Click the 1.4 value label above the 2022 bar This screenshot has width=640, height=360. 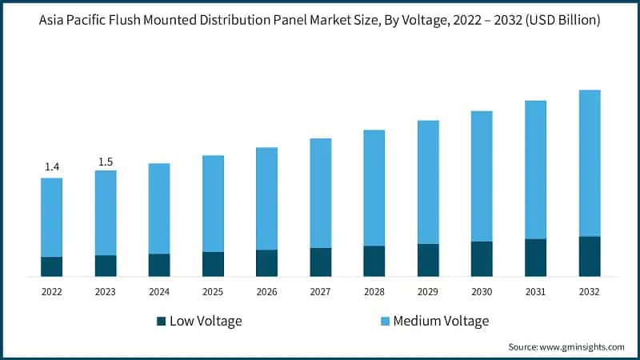(x=52, y=166)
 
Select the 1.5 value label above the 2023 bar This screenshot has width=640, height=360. (x=106, y=162)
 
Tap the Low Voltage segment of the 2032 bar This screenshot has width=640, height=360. (x=589, y=256)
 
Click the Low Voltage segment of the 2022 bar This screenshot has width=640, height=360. (x=52, y=266)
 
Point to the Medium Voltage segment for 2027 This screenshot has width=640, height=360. (x=321, y=193)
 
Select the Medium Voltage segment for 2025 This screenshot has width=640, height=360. (x=213, y=203)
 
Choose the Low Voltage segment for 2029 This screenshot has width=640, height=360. (x=428, y=260)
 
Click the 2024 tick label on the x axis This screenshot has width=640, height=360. (x=159, y=292)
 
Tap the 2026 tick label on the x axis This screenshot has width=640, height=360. (x=266, y=292)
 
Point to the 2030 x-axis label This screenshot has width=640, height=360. (x=482, y=292)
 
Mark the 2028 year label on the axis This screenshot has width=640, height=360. (x=374, y=292)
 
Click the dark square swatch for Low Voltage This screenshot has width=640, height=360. (x=161, y=321)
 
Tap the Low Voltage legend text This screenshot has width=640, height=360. (x=206, y=321)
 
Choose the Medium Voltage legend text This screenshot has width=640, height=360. (x=440, y=321)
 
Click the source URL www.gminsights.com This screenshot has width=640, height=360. (x=581, y=346)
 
